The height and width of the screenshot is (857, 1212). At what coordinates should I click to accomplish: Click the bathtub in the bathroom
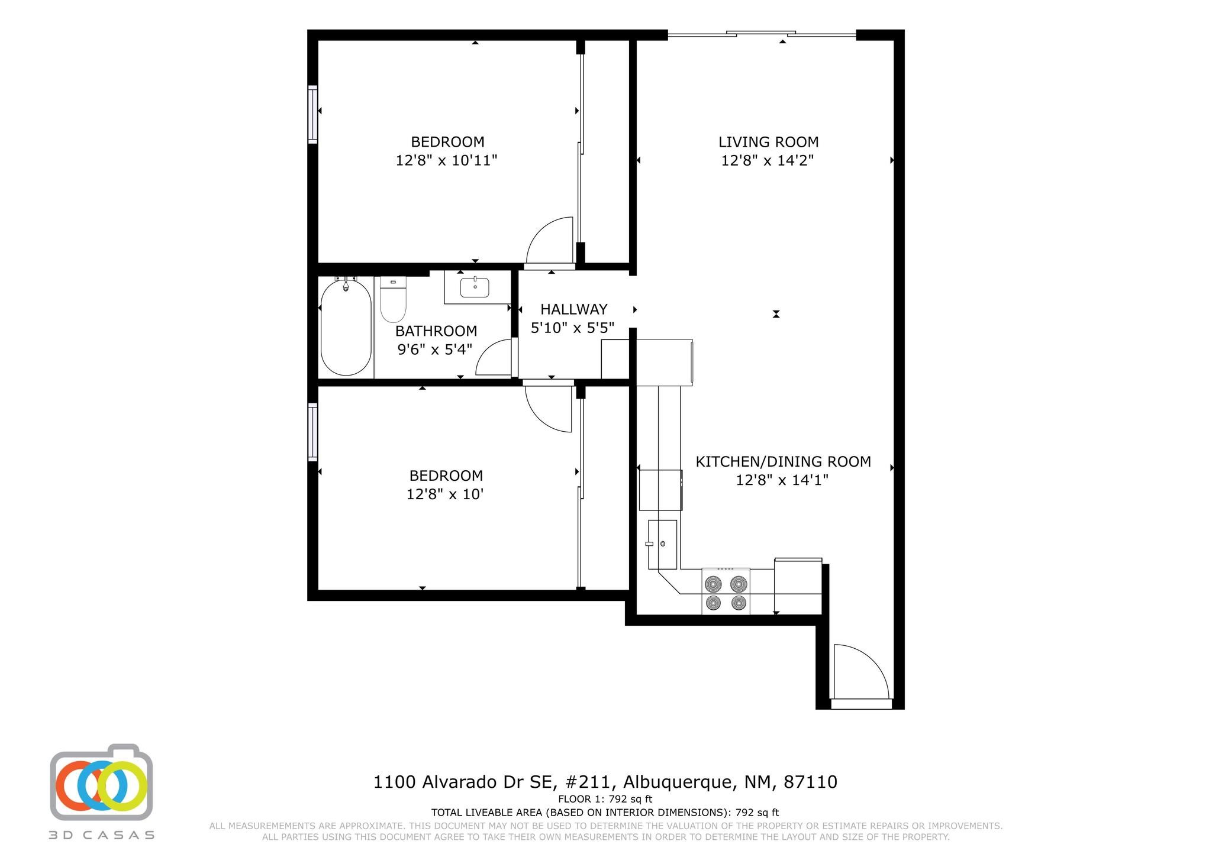(346, 327)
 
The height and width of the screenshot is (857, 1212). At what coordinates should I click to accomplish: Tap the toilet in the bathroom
(393, 299)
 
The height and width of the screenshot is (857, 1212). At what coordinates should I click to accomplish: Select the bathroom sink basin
(475, 288)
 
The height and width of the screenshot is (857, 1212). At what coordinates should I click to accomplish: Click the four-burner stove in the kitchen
(726, 591)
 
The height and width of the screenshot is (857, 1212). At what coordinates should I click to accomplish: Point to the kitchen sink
(662, 544)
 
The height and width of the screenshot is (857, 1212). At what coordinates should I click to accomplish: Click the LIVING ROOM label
(768, 142)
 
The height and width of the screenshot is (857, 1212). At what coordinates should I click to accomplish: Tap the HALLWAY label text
(573, 309)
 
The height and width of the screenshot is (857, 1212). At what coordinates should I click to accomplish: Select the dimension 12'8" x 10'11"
(446, 160)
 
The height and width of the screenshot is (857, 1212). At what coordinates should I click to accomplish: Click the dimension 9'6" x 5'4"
(435, 350)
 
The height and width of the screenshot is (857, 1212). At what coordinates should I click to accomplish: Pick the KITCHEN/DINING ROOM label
(783, 461)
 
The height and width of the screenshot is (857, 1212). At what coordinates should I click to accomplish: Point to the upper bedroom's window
(312, 114)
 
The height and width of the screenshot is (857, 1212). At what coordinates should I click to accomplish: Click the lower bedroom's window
(312, 432)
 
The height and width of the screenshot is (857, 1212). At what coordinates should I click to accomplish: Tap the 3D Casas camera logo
(102, 782)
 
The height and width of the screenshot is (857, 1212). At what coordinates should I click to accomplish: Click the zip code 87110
(810, 782)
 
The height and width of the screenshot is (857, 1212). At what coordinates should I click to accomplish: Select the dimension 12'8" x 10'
(445, 494)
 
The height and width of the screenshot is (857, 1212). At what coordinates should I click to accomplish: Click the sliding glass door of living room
(762, 34)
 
